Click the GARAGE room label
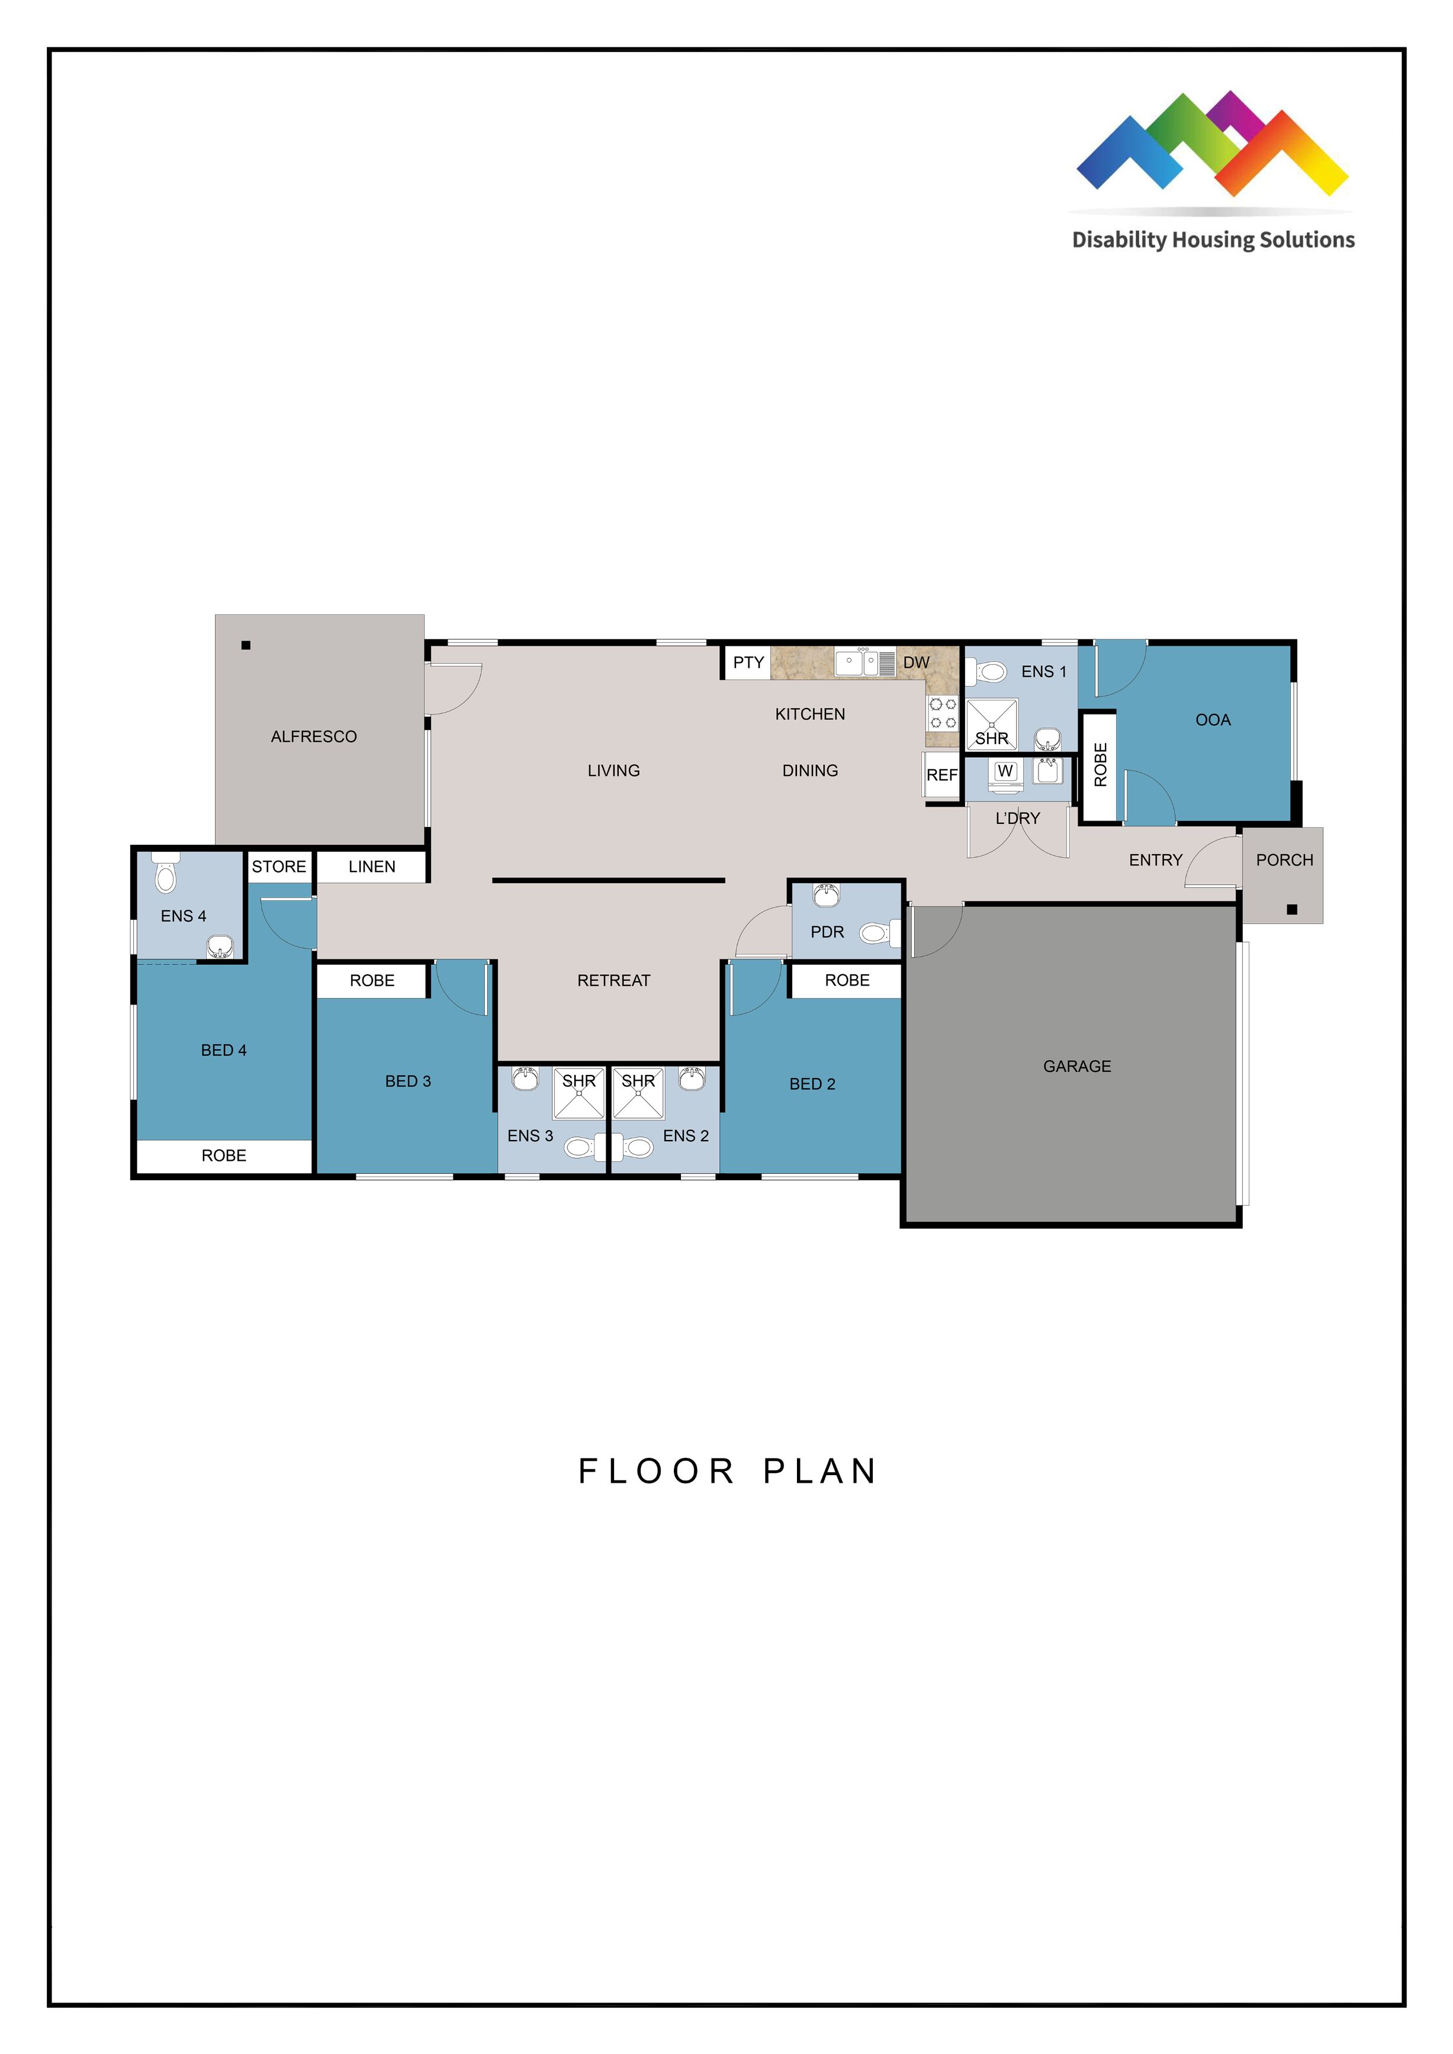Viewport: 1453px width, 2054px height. (1076, 1066)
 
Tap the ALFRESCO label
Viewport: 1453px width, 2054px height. (313, 736)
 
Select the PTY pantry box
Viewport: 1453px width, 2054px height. (748, 663)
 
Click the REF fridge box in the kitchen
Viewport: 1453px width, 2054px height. (941, 775)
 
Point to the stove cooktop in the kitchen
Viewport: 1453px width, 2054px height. (942, 713)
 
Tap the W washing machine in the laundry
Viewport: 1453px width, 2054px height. (1005, 772)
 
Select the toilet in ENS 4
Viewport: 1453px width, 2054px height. (166, 874)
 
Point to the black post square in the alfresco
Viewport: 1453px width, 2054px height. (246, 645)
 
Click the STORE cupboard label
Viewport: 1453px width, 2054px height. (278, 867)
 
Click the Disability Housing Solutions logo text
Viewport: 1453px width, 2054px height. (1213, 240)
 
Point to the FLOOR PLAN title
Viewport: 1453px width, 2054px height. (726, 1472)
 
